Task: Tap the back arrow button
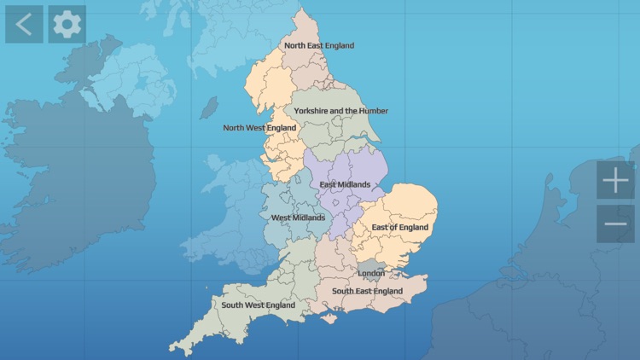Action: (24, 24)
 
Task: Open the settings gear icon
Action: (67, 24)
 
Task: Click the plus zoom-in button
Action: (615, 181)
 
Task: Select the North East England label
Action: (319, 46)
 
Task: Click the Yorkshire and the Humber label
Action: (340, 111)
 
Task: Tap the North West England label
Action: (259, 128)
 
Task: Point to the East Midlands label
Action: (345, 184)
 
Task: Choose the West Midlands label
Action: (298, 218)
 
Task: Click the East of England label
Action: (399, 227)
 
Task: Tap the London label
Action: (371, 273)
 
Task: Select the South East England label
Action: (367, 291)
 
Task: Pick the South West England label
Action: (258, 305)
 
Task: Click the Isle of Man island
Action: (208, 108)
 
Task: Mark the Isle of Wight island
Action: (328, 318)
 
